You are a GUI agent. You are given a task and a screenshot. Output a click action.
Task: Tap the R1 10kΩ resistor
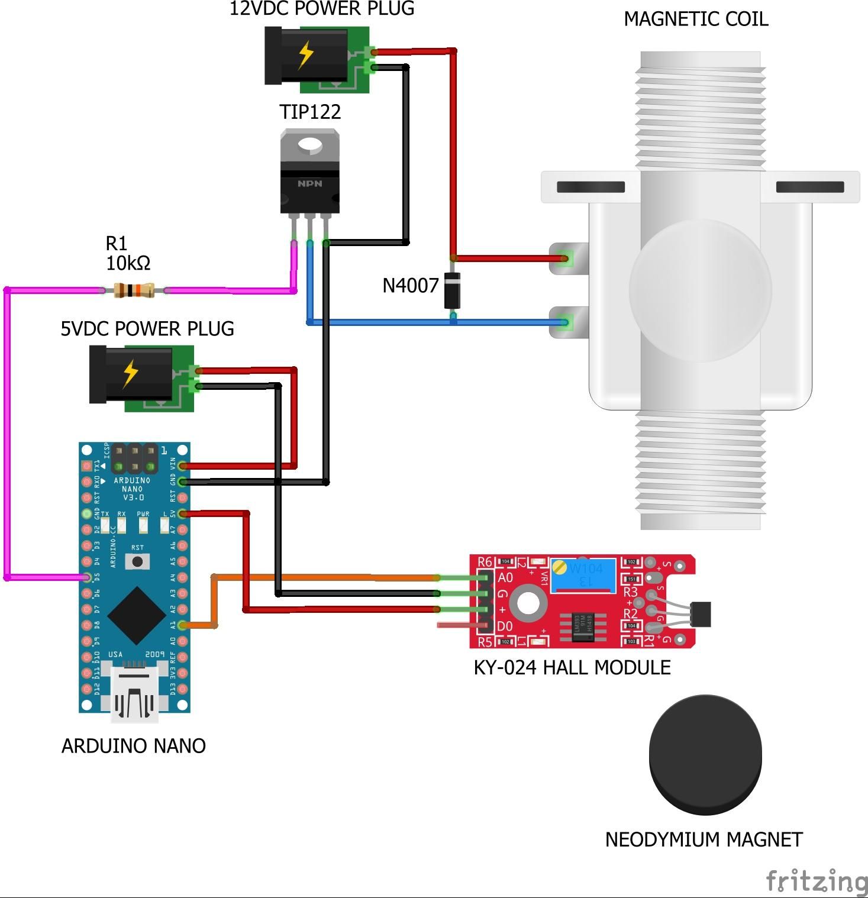click(134, 290)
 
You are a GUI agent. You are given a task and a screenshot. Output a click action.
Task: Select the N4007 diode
click(453, 290)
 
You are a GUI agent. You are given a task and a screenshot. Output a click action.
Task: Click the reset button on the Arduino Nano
click(137, 561)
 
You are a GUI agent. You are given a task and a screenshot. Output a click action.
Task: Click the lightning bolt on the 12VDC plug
click(305, 55)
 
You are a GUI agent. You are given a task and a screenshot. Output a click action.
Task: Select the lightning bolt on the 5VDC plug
click(130, 373)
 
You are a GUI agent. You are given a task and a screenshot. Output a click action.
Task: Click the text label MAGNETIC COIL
click(696, 19)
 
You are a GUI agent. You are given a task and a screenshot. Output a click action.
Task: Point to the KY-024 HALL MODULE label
click(572, 667)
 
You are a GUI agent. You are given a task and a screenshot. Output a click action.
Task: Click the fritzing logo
click(817, 881)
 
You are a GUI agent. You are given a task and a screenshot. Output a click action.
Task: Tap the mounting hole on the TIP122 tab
click(309, 145)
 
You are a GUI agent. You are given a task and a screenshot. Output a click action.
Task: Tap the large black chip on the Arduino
click(136, 615)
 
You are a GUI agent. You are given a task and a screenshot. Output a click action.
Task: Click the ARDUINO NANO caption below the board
click(134, 745)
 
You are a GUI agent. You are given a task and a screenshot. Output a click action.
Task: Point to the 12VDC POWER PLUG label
click(322, 9)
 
